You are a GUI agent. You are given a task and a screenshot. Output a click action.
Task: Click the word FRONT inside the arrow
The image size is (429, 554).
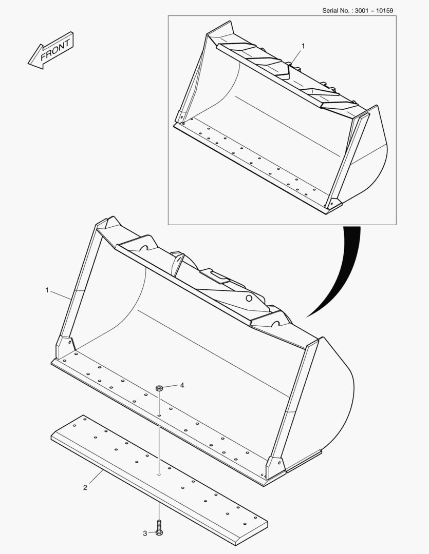pyautogui.click(x=55, y=50)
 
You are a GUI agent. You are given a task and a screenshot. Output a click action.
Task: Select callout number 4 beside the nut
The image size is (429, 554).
pyautogui.click(x=182, y=385)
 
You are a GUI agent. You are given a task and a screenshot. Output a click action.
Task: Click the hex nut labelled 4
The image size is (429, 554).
pyautogui.click(x=159, y=388)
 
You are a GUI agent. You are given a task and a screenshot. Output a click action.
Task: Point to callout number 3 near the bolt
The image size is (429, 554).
pyautogui.click(x=145, y=533)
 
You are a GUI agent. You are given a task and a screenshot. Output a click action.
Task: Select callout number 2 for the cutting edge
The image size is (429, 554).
pyautogui.click(x=85, y=488)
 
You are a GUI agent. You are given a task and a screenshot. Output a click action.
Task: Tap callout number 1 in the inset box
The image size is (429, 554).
pyautogui.click(x=303, y=46)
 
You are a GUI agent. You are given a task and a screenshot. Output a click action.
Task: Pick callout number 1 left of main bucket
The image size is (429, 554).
pyautogui.click(x=47, y=290)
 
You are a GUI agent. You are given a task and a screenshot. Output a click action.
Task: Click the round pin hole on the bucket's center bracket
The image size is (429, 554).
pyautogui.click(x=249, y=299)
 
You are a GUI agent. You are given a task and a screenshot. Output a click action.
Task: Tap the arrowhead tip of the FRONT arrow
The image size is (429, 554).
pyautogui.click(x=28, y=64)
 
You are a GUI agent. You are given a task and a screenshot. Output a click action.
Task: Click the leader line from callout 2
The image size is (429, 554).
pyautogui.click(x=96, y=477)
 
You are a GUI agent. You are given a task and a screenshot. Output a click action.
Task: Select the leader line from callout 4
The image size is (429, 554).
pyautogui.click(x=170, y=387)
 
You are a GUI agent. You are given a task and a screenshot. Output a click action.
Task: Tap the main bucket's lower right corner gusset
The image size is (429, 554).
pyautogui.click(x=275, y=467)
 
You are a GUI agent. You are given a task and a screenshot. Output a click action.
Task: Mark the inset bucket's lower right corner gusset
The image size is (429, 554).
pyautogui.click(x=333, y=203)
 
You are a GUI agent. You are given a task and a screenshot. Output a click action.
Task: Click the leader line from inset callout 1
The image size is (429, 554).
pyautogui.click(x=295, y=56)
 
